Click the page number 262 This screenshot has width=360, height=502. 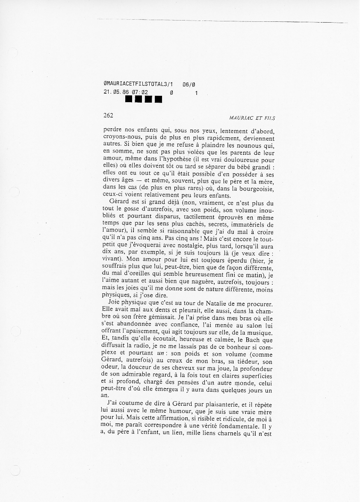108,115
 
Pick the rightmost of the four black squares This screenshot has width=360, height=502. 158,100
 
